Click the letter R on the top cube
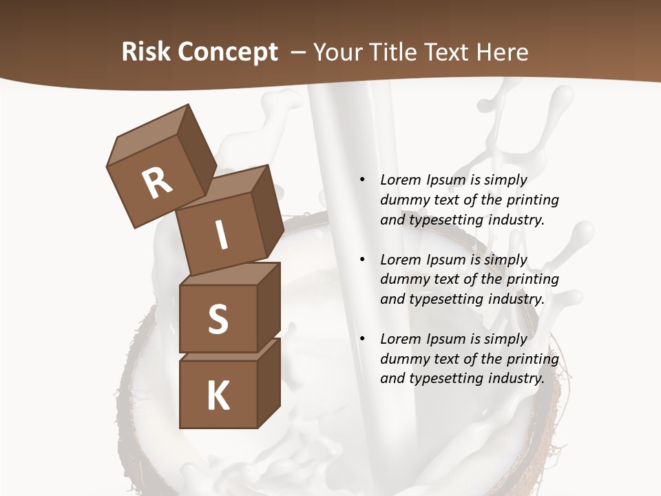pos(158,183)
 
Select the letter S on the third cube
pos(218,319)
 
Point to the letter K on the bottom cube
pos(218,396)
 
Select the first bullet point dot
pos(361,180)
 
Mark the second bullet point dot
pos(361,260)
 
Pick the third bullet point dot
pos(361,339)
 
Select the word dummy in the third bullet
pos(402,359)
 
